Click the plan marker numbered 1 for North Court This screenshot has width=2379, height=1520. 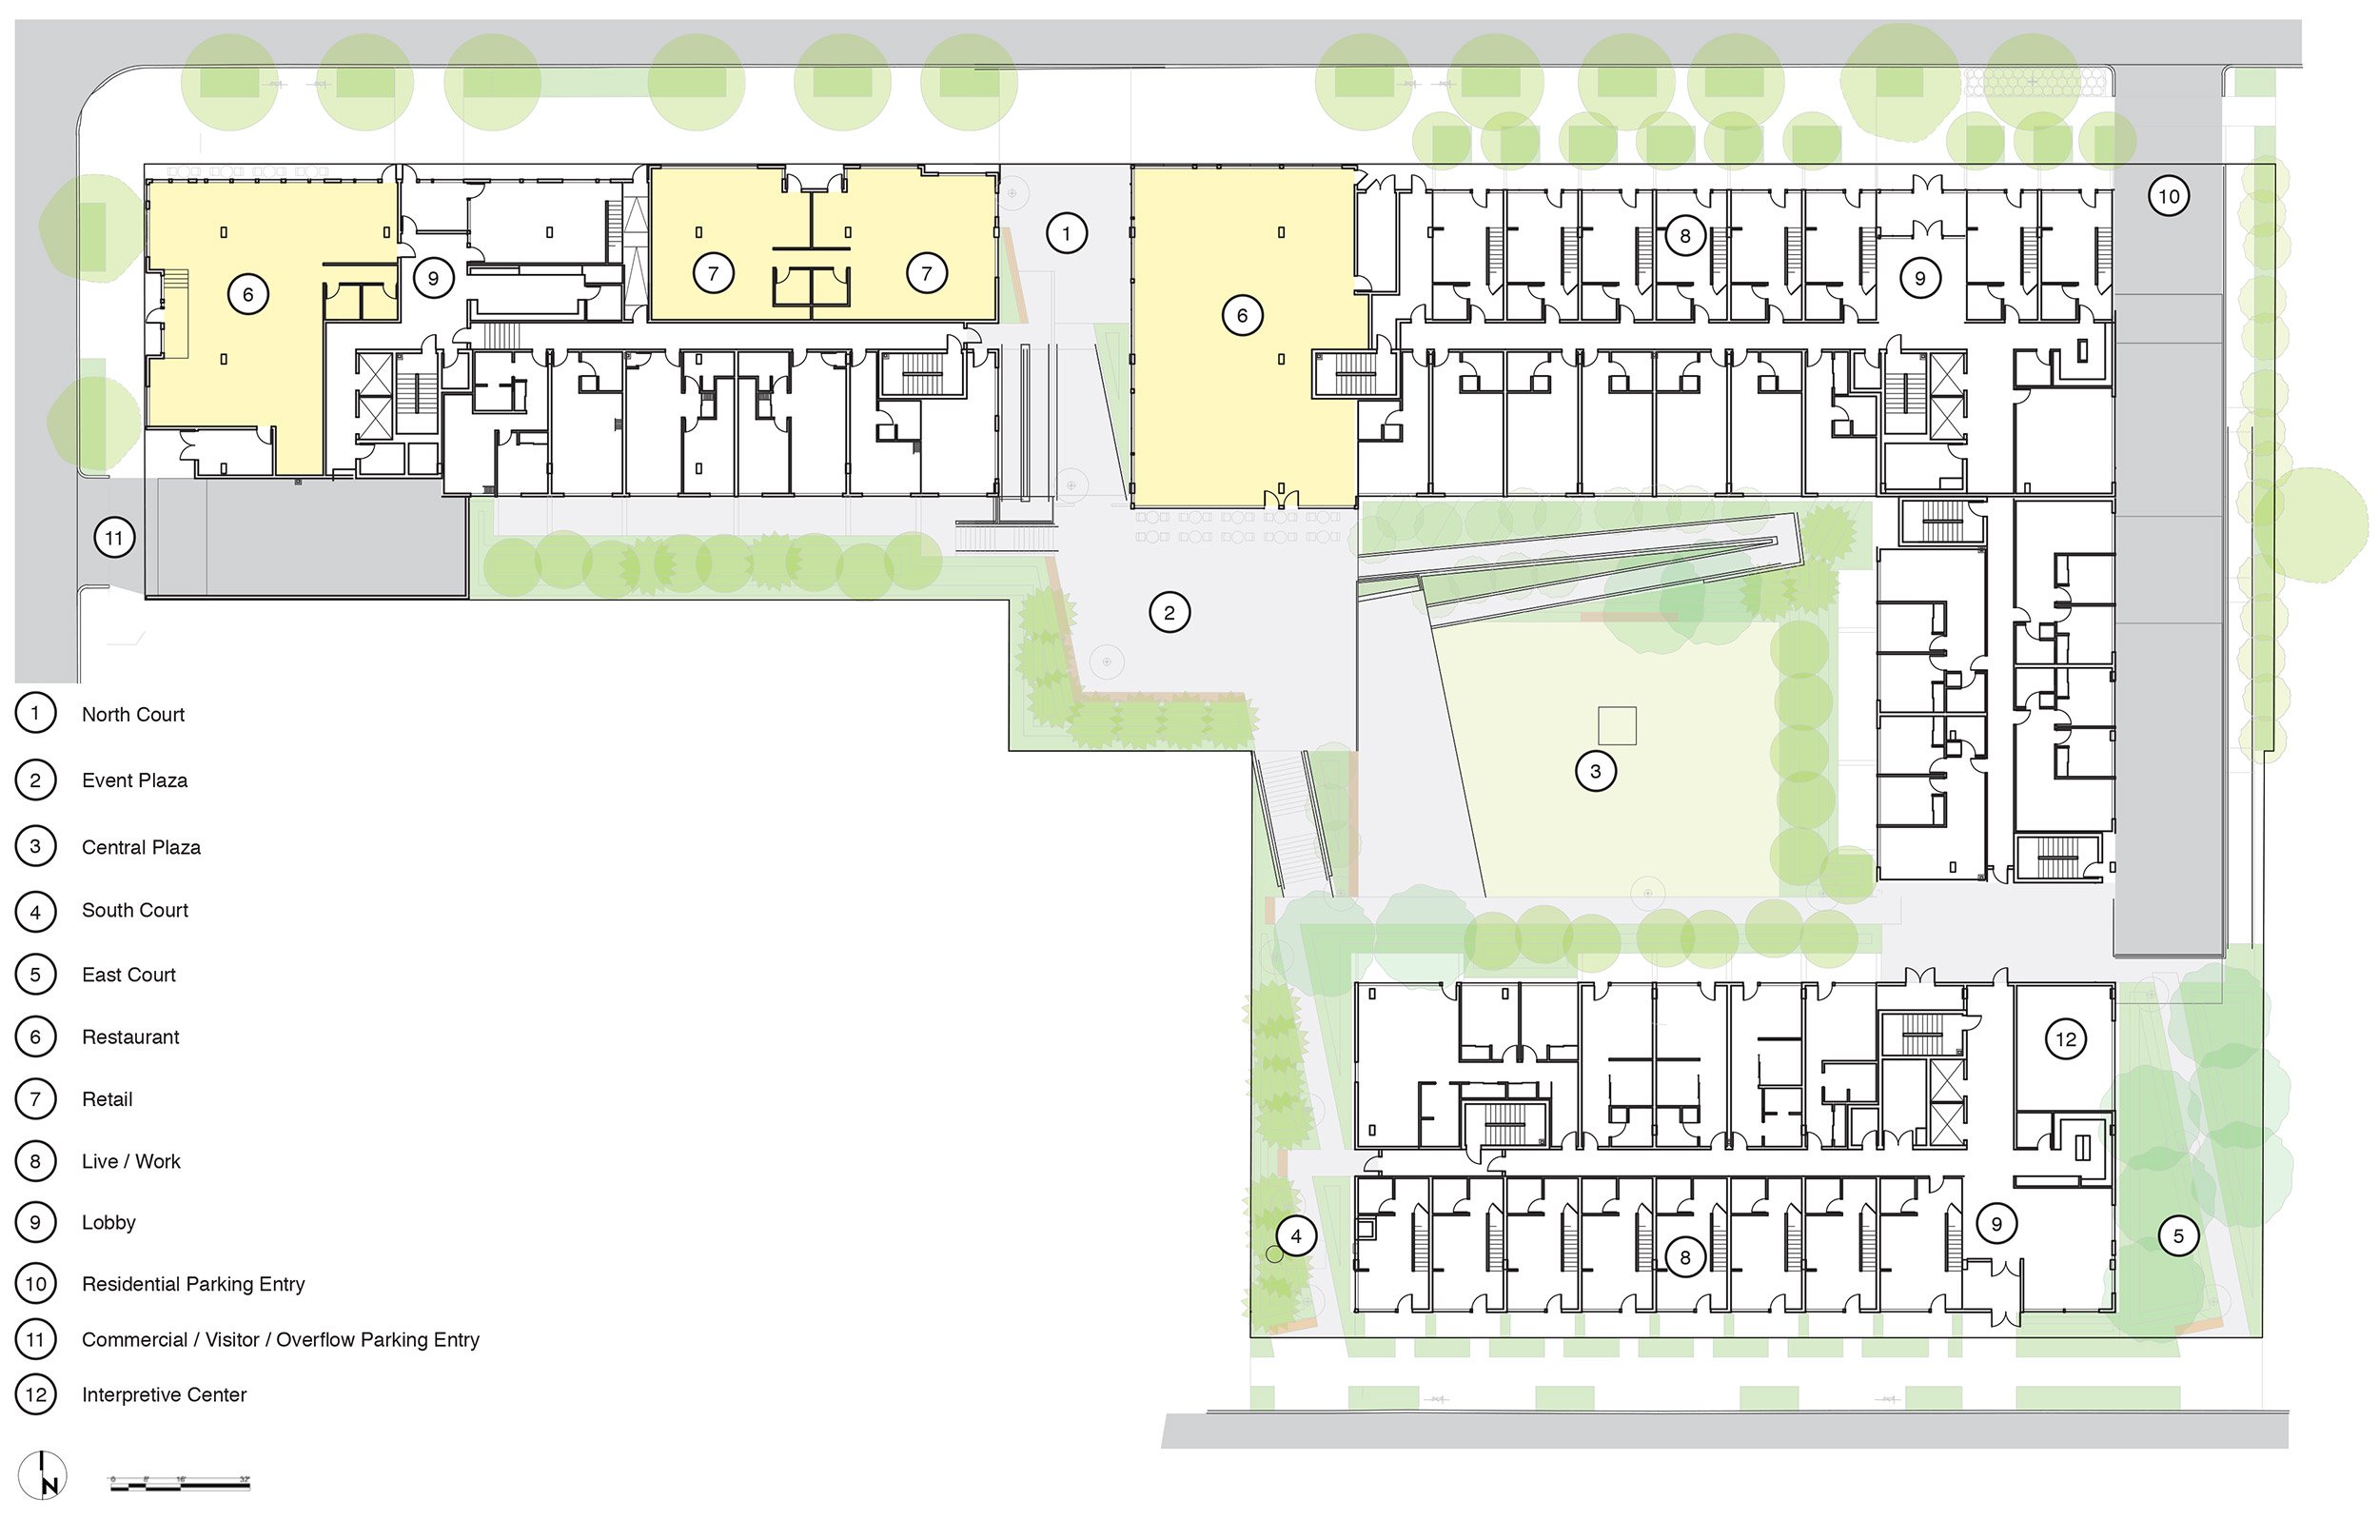click(x=1065, y=234)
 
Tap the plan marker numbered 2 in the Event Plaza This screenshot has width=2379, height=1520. click(x=1169, y=613)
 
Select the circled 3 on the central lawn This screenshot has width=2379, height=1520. click(x=1595, y=771)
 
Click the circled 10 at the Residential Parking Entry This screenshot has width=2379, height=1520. click(x=2168, y=196)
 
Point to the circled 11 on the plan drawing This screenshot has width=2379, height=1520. click(x=114, y=538)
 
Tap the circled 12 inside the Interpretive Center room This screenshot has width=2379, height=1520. click(x=2065, y=1038)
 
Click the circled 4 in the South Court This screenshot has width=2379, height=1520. click(x=1295, y=1235)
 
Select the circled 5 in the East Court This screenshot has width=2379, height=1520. click(x=2177, y=1235)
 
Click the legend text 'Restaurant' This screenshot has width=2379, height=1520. click(x=130, y=1036)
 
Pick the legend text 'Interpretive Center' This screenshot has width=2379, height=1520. click(x=164, y=1394)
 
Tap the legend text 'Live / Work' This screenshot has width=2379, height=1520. click(x=130, y=1161)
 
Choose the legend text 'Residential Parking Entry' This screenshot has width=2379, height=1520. click(x=192, y=1284)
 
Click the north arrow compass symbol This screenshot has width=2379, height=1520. click(x=43, y=1474)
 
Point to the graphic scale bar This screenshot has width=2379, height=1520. click(x=179, y=1483)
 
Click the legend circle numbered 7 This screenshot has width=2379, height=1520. click(x=35, y=1099)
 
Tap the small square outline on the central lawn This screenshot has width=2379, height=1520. click(x=1617, y=725)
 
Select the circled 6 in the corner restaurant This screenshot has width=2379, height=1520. click(x=247, y=294)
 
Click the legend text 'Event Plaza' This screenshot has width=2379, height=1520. click(x=134, y=780)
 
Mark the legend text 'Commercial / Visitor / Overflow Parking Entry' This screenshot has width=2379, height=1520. click(x=281, y=1339)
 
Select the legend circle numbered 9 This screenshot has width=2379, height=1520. click(x=35, y=1222)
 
